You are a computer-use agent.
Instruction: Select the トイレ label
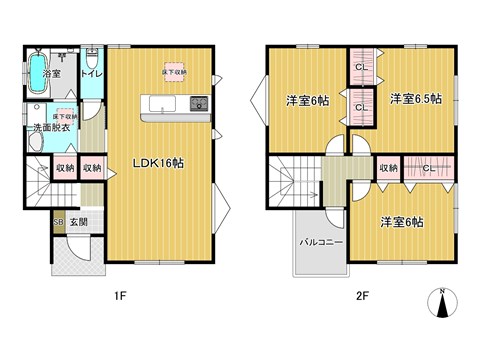tap(91, 73)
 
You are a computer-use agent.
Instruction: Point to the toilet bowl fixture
tap(90, 55)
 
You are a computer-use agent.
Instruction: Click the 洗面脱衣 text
tap(51, 127)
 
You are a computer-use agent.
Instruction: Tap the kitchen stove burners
tap(197, 103)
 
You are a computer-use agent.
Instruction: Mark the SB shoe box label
tap(59, 221)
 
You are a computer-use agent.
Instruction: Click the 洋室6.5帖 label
tap(415, 98)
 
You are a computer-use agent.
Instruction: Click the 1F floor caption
tap(119, 296)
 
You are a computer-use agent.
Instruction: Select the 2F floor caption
tap(362, 296)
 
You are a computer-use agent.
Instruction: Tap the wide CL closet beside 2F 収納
tap(428, 168)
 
